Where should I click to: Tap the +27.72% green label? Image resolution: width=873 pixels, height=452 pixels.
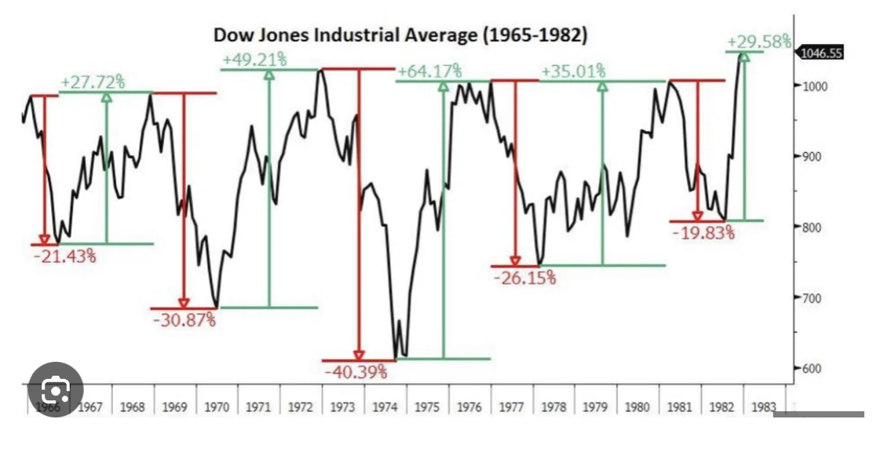(x=93, y=81)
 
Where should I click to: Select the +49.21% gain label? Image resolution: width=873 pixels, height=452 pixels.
(x=254, y=60)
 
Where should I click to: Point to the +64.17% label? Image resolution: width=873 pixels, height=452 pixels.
(x=429, y=71)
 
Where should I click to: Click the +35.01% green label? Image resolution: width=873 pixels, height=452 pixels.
(x=573, y=71)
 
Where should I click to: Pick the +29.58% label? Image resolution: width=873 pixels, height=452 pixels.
(x=759, y=42)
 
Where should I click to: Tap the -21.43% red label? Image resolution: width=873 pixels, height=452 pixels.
(x=64, y=256)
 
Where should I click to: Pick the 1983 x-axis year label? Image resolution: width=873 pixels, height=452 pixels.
(x=764, y=406)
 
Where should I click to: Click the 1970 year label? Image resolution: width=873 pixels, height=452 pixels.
(x=217, y=406)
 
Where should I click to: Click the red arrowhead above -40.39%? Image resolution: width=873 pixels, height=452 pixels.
(x=359, y=355)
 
